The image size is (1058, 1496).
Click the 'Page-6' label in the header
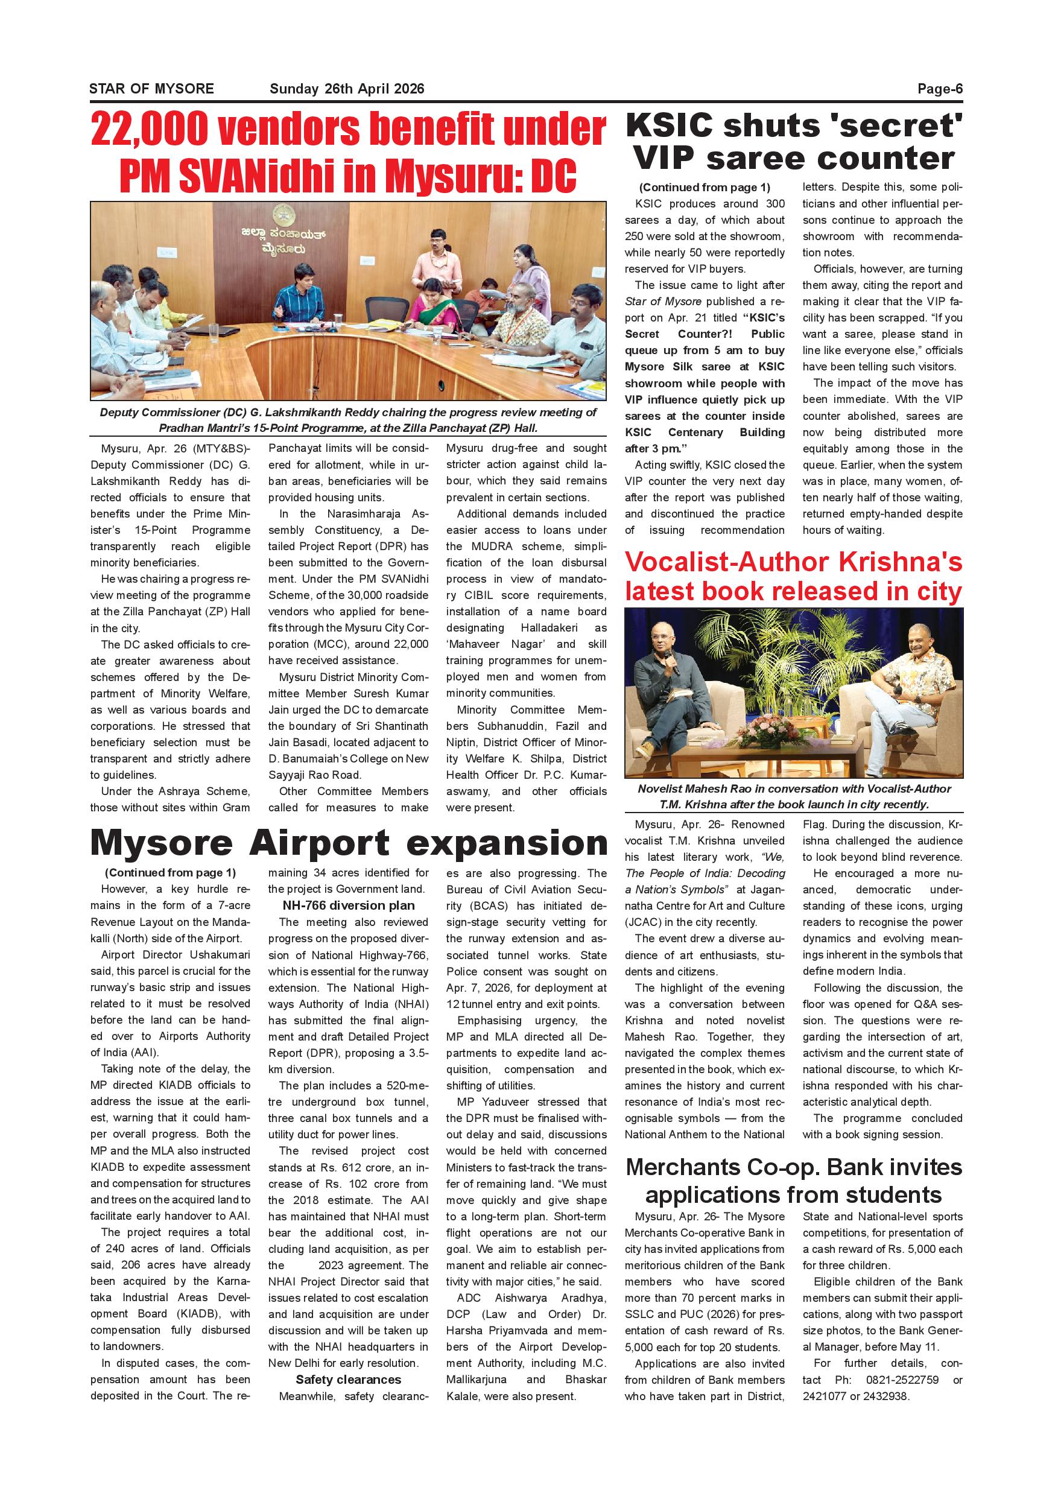[x=939, y=89]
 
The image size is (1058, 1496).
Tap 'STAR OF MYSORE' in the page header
[x=151, y=89]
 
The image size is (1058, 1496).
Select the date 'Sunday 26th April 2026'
[x=347, y=89]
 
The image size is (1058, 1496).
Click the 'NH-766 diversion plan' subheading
[x=348, y=905]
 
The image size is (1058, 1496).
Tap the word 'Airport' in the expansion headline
[x=319, y=843]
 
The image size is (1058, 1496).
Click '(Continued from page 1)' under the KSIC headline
[x=705, y=187]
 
